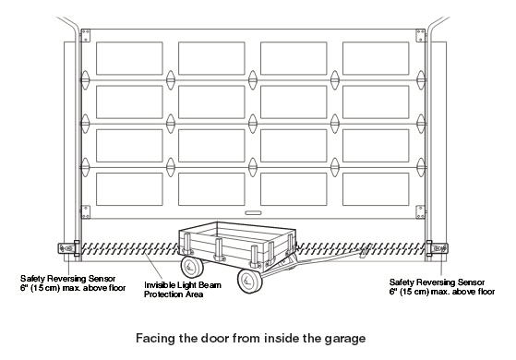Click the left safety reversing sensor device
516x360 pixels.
(66, 246)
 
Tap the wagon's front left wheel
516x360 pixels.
(192, 267)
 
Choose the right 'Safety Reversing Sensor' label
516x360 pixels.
(435, 285)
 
